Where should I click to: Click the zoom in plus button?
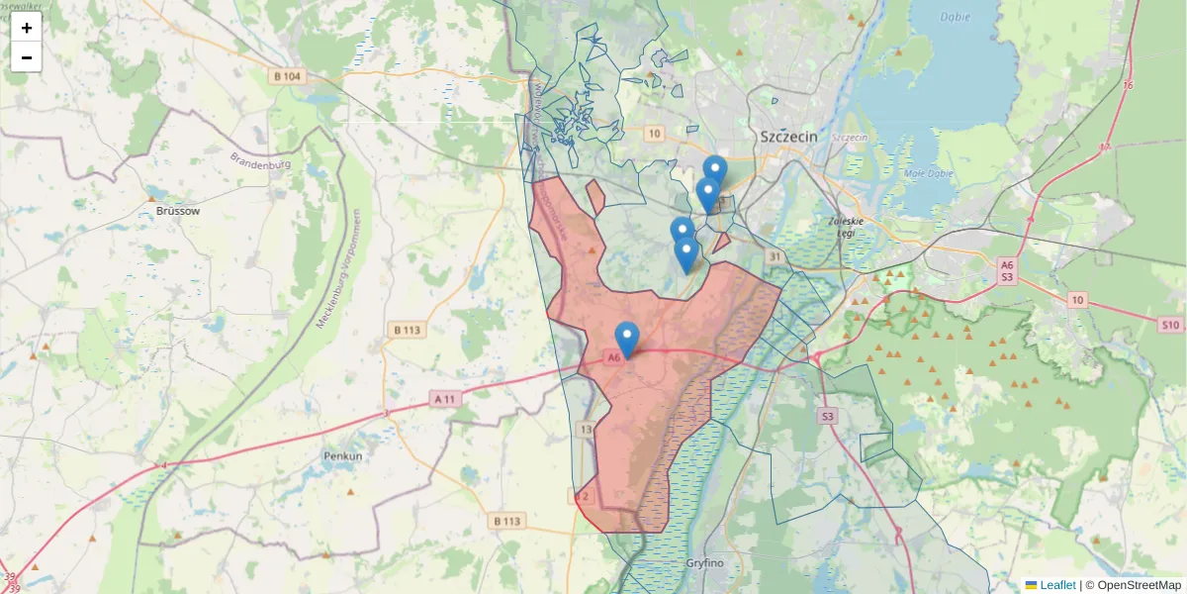point(27,28)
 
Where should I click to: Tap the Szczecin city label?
point(789,137)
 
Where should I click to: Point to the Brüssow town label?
point(178,211)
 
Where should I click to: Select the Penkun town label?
point(343,456)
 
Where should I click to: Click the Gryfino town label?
point(705,563)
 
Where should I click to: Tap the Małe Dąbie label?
point(929,173)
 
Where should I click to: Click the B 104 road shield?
point(288,76)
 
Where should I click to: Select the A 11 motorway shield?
point(446,398)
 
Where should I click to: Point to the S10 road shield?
point(1171,324)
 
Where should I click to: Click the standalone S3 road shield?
point(827,417)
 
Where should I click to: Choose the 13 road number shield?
point(587,429)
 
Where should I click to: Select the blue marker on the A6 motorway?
point(627,340)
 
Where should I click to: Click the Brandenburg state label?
point(260,159)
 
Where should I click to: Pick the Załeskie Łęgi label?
point(849,227)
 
